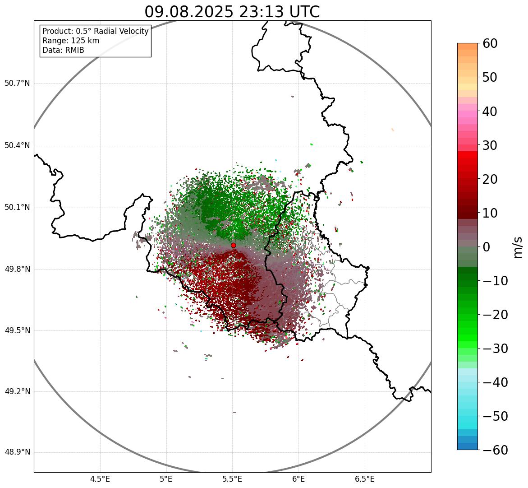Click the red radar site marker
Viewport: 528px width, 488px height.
(234, 245)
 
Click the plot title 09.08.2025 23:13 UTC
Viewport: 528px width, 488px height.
(232, 12)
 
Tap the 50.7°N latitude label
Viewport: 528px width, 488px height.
(17, 83)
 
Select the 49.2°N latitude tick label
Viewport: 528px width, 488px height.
(17, 391)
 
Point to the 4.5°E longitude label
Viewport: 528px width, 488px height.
(100, 479)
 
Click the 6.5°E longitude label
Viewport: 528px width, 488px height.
(364, 479)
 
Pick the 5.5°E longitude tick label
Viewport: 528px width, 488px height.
(232, 479)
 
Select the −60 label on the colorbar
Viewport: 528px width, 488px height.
(495, 450)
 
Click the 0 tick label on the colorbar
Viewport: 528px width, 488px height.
(487, 247)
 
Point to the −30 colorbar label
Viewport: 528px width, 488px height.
(495, 349)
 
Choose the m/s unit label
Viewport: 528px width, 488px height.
(519, 247)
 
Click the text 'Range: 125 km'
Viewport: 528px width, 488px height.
(71, 41)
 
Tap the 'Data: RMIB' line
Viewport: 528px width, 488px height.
(63, 50)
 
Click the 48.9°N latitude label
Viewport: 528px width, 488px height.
(17, 452)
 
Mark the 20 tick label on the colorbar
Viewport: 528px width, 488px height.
(492, 179)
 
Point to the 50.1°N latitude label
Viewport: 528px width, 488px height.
(17, 208)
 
